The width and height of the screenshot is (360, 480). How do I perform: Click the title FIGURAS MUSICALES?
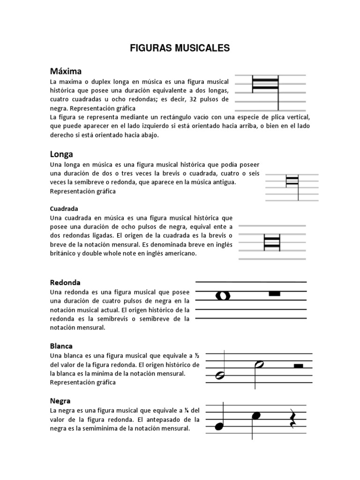[x=180, y=48]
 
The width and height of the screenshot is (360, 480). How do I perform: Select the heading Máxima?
[x=66, y=71]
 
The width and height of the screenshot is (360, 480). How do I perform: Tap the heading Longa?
[x=61, y=154]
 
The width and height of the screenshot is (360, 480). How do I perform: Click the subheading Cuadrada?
[x=64, y=209]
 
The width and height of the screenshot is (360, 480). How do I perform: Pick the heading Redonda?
[x=65, y=283]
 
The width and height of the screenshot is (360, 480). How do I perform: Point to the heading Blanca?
[x=61, y=346]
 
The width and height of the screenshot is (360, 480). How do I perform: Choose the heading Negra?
[x=60, y=401]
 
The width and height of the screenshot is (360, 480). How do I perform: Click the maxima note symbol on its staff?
[x=266, y=84]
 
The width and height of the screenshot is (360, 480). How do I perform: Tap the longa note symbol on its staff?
[x=292, y=180]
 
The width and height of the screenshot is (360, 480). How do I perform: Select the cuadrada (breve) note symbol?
[x=272, y=242]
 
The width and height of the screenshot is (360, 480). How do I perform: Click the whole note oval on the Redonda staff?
[x=223, y=295]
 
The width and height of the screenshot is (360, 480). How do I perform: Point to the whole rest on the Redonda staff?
[x=274, y=293]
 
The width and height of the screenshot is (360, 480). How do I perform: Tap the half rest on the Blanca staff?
[x=298, y=366]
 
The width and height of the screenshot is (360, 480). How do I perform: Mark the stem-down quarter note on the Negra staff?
[x=255, y=415]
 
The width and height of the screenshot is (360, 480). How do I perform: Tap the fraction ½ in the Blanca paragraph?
[x=197, y=355]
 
